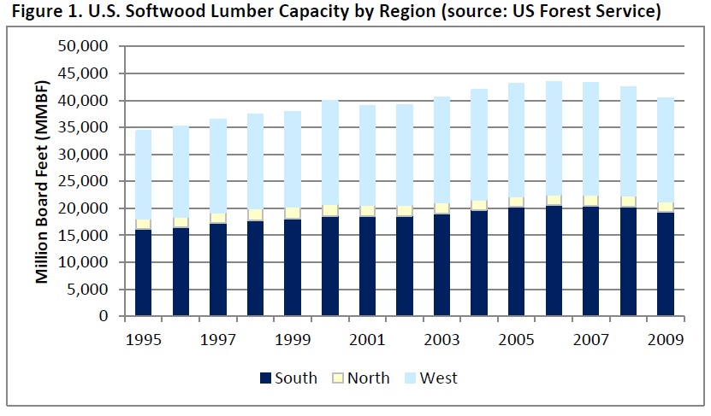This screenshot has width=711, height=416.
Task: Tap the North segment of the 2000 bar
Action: click(x=329, y=210)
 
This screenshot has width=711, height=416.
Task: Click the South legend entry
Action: click(x=286, y=378)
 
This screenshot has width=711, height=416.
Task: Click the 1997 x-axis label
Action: click(x=217, y=338)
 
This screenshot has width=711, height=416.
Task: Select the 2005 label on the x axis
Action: click(x=517, y=338)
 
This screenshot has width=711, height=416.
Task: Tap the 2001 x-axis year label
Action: click(x=367, y=338)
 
